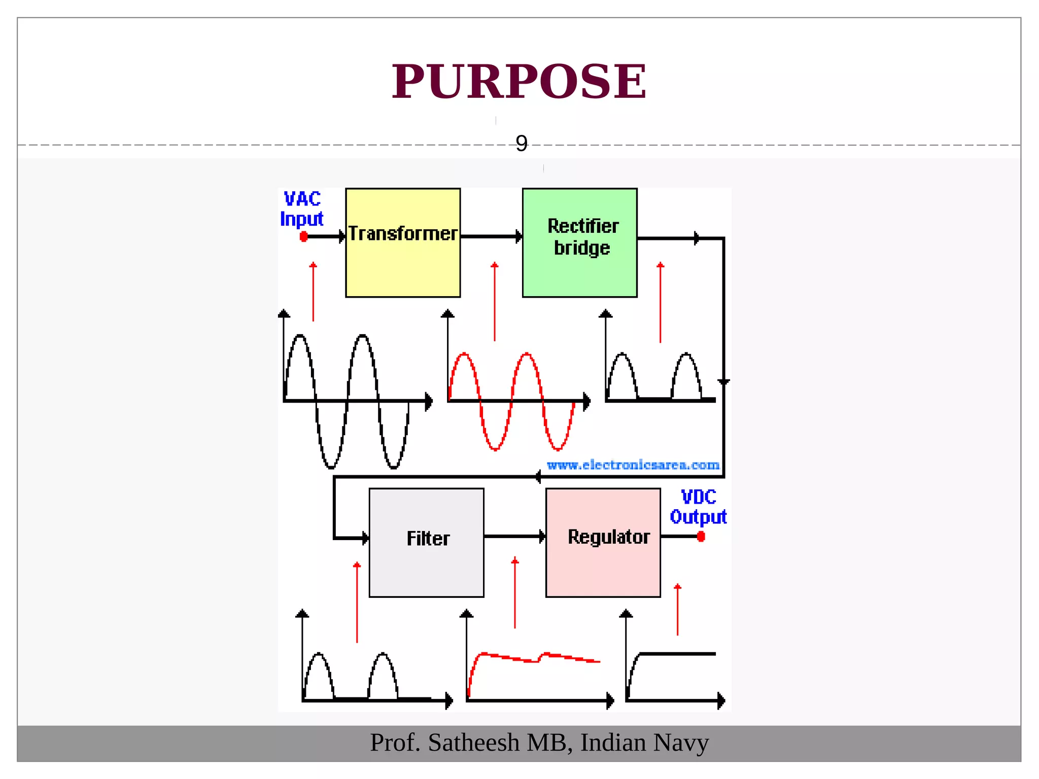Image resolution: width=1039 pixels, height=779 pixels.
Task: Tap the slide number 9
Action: pyautogui.click(x=522, y=144)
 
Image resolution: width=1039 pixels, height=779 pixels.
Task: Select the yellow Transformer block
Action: pyautogui.click(x=403, y=243)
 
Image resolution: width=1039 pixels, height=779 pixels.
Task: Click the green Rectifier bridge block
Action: pyautogui.click(x=579, y=243)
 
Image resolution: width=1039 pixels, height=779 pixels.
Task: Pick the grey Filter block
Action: pyautogui.click(x=426, y=543)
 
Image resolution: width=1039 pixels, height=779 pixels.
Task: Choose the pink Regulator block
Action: pyautogui.click(x=603, y=543)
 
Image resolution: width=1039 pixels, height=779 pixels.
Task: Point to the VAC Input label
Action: pyautogui.click(x=302, y=209)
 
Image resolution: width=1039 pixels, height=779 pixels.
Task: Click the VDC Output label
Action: pyautogui.click(x=698, y=507)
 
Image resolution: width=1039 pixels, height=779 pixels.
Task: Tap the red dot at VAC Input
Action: pyautogui.click(x=303, y=237)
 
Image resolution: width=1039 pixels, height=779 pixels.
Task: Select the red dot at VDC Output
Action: pyautogui.click(x=701, y=537)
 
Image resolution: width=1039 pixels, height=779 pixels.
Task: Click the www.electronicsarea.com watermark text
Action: pyautogui.click(x=633, y=465)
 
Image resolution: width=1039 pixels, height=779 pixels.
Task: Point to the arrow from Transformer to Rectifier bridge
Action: pyautogui.click(x=491, y=237)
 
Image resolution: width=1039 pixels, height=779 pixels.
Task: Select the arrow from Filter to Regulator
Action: pyautogui.click(x=514, y=536)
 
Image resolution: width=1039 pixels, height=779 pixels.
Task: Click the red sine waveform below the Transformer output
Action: pyautogui.click(x=512, y=401)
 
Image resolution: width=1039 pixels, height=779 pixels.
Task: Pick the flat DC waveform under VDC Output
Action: pyautogui.click(x=675, y=654)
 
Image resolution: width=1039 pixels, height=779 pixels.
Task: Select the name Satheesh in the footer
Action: pyautogui.click(x=474, y=743)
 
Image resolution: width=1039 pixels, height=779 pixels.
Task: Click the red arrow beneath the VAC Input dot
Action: pyautogui.click(x=313, y=292)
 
